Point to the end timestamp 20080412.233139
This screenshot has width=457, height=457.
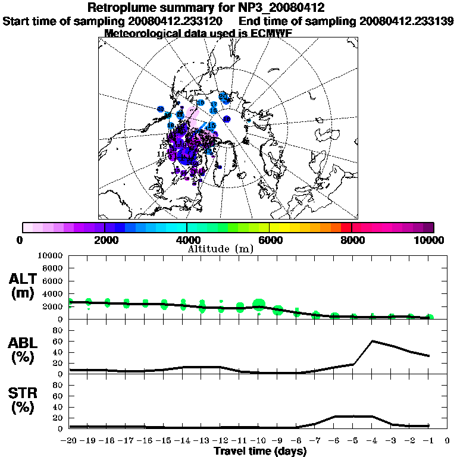(407, 21)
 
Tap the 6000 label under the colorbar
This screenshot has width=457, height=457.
(269, 240)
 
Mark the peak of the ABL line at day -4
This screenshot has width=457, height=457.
(372, 341)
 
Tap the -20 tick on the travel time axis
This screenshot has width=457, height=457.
(70, 442)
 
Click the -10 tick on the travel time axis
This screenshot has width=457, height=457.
(258, 442)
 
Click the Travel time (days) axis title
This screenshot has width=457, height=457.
(260, 452)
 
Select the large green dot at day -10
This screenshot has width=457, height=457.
(258, 305)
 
